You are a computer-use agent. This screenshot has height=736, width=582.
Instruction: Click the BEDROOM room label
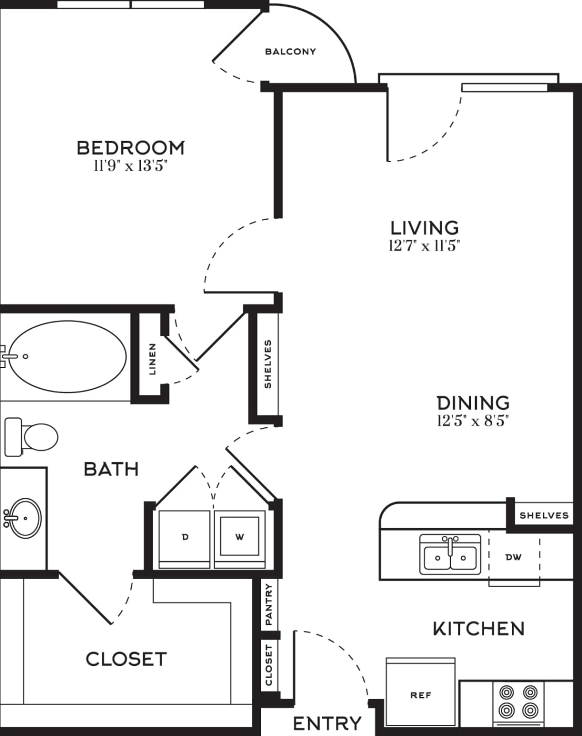coord(131,148)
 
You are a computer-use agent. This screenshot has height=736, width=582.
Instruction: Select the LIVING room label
coord(424,228)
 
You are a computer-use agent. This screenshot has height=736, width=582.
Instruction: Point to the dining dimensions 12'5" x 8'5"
coord(473,421)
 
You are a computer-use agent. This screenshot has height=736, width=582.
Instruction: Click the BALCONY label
coord(290,52)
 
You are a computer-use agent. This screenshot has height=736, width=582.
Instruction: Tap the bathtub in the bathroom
coord(66,356)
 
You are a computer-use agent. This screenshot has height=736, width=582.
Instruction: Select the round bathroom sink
coord(24,517)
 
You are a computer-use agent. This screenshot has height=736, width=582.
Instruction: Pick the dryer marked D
coord(185,538)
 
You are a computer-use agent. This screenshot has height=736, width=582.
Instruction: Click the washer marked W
coord(240,538)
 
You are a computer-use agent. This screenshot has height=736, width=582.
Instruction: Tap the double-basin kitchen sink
coord(450,554)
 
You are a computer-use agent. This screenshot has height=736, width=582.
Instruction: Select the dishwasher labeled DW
coord(514,557)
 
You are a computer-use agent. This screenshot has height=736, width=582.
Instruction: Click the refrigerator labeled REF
coord(420,695)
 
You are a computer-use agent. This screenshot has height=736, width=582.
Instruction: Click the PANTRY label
coord(269,605)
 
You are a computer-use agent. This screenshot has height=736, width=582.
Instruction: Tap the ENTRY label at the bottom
coord(327,723)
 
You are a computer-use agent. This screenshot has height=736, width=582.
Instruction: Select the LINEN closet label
coord(152,359)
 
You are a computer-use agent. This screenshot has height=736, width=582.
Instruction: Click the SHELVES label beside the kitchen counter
coord(543,515)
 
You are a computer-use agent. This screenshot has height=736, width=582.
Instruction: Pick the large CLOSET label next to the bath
coord(126,659)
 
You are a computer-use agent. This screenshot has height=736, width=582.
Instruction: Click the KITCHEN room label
coord(478,628)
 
